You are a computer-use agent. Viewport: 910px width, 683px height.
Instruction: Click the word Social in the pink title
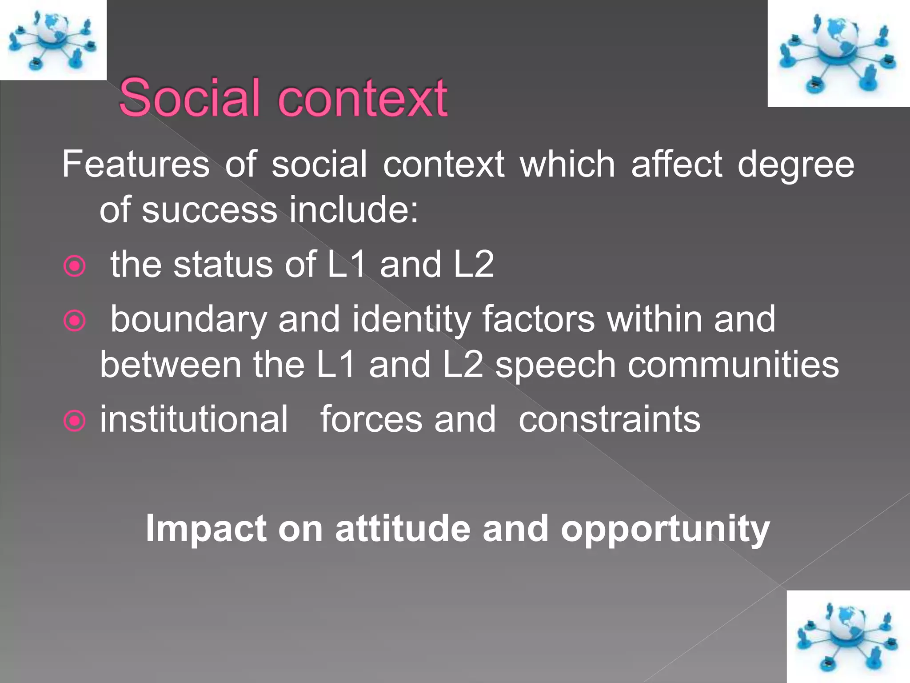point(189,98)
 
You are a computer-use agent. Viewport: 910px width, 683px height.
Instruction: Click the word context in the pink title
point(362,98)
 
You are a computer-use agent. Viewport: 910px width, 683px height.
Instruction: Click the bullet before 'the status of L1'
point(75,266)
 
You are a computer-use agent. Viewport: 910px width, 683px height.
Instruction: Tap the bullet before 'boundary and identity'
point(75,321)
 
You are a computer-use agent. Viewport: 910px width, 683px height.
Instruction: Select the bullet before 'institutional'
point(75,421)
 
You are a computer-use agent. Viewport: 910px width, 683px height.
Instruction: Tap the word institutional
point(194,419)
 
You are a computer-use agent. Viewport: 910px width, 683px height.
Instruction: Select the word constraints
point(609,419)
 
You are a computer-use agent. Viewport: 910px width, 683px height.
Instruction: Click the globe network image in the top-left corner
point(53,40)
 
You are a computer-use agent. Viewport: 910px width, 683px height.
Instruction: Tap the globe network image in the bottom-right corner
point(848,636)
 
